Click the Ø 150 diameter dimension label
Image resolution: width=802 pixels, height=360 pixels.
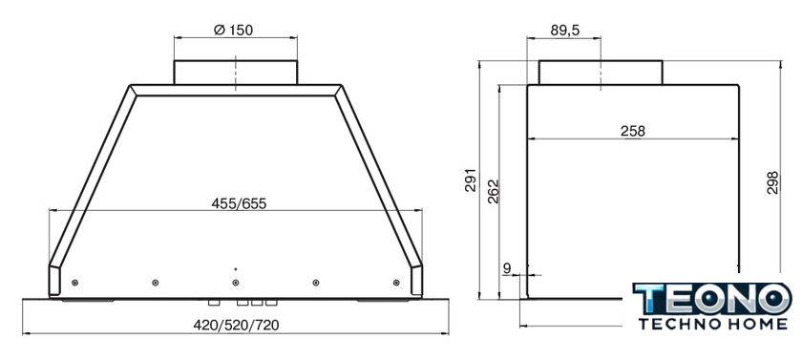point(233,31)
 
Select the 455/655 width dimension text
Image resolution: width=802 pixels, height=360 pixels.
point(239,203)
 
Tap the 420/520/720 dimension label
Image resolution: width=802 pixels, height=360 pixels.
point(236,326)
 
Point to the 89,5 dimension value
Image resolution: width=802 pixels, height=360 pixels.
point(564,31)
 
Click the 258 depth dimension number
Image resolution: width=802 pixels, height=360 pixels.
point(633,132)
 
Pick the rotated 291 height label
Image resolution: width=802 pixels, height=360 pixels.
point(471,180)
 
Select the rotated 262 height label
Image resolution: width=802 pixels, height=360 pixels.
point(493,191)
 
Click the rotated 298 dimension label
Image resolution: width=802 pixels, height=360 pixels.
point(772,182)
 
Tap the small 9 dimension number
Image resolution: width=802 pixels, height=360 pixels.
point(507,267)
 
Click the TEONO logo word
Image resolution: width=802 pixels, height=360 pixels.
point(711,299)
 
